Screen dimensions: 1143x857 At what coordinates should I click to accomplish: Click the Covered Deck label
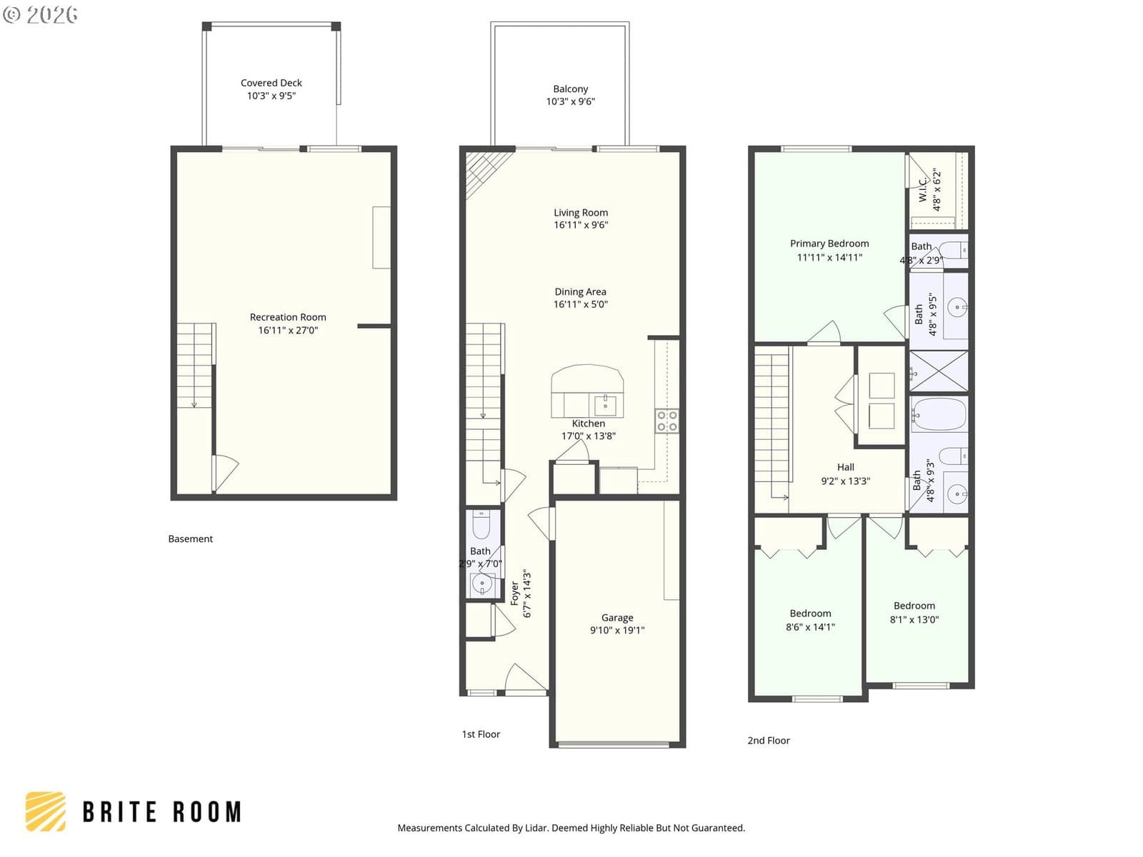coord(271,83)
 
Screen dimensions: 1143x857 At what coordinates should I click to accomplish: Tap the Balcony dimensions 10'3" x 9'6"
coord(570,101)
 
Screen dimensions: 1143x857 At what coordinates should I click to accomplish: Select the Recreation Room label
coord(288,317)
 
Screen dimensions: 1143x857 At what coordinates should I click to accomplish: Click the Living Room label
coord(581,212)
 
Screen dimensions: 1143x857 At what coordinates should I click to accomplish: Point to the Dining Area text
coord(580,291)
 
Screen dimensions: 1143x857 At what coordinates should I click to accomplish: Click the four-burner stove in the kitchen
coord(667,421)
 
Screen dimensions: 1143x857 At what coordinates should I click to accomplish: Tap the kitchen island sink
coord(605,406)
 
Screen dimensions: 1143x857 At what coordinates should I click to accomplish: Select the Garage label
coord(617,618)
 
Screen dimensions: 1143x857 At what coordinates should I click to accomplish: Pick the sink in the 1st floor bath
coord(481,584)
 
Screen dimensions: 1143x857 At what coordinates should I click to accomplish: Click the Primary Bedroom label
coord(829,244)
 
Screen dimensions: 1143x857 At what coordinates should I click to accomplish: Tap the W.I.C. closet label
coord(923,189)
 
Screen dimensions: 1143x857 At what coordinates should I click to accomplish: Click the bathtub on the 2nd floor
coord(939,415)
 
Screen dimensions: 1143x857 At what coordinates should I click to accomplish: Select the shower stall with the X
coord(939,371)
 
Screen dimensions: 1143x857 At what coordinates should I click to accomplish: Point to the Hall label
coord(845,467)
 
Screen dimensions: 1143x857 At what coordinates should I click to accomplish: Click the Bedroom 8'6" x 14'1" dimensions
coord(810,627)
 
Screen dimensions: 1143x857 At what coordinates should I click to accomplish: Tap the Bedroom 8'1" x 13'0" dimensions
coord(914,619)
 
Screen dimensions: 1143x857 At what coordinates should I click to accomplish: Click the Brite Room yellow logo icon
coord(46,812)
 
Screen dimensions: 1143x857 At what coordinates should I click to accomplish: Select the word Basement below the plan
coord(191,539)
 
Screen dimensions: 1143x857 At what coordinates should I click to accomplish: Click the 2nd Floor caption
coord(769,741)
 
